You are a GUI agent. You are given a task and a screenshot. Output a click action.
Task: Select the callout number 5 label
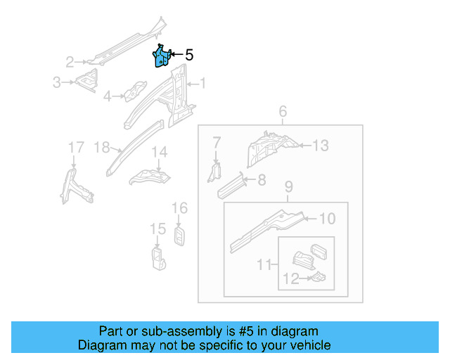(x=188, y=55)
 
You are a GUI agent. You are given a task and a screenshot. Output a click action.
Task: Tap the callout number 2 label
(x=70, y=61)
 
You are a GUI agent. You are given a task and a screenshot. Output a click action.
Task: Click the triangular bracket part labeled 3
(x=87, y=81)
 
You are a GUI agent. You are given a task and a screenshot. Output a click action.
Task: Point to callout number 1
(x=202, y=84)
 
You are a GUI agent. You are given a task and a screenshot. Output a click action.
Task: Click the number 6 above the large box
(x=283, y=112)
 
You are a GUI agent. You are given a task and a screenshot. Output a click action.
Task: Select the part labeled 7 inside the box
(x=215, y=171)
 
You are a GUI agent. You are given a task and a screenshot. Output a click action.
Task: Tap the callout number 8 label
(x=262, y=181)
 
